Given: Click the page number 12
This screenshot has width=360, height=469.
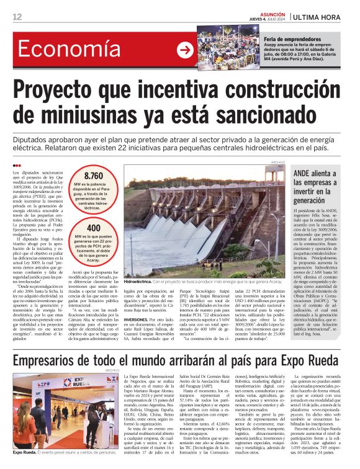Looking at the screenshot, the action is coord(17,16).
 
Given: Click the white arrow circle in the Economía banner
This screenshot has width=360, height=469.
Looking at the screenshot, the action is coord(185,50).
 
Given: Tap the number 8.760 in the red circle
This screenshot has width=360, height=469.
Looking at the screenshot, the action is coord(94,176).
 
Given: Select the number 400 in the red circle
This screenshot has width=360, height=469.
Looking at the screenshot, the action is coord(94,228).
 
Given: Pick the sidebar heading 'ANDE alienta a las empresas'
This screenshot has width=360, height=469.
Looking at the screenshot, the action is coord(320,184).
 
